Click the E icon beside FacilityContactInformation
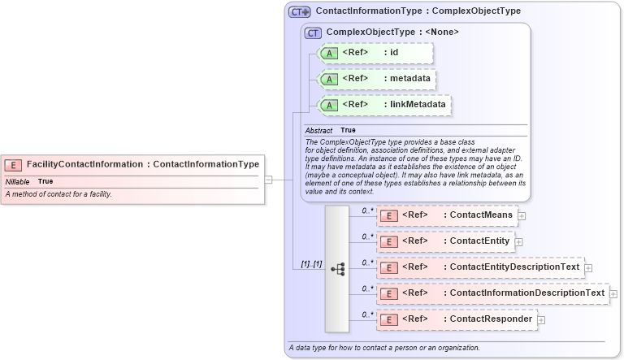[x=14, y=164]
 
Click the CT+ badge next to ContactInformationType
[x=300, y=12]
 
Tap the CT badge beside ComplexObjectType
[x=313, y=33]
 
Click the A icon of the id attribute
[x=329, y=54]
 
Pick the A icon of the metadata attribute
[x=329, y=79]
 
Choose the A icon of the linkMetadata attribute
[x=329, y=105]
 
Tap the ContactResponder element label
[x=487, y=319]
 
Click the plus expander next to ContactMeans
[x=522, y=216]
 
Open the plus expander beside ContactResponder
[x=541, y=320]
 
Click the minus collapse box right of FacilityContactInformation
[x=269, y=180]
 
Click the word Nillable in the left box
[x=17, y=181]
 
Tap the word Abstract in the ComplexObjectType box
[x=318, y=130]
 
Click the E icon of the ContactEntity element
[x=388, y=241]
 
